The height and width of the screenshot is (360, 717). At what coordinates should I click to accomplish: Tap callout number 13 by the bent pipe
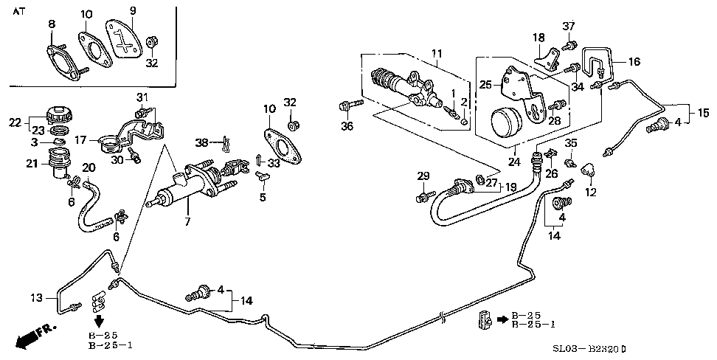point(38,298)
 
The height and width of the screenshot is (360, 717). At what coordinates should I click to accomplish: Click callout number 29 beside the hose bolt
point(423,176)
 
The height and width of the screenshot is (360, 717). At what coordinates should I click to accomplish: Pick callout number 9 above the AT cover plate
point(133,10)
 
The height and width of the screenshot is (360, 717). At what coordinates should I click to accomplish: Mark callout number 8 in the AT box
point(52,25)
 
